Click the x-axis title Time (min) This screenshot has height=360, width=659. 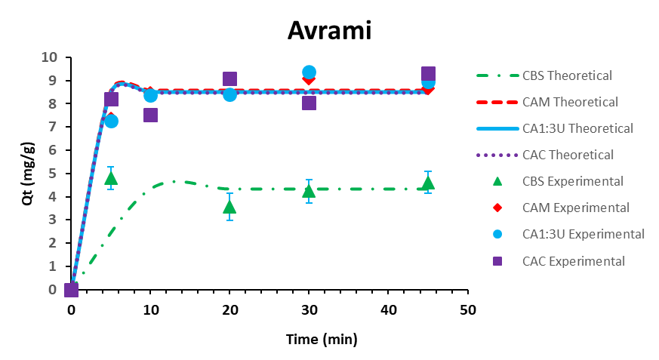pos(321,340)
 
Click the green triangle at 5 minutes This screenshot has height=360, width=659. pos(111,178)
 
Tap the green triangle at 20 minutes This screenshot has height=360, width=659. pos(229,207)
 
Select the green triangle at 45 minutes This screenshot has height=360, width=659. pos(428,183)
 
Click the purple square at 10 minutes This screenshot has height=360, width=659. pos(150,115)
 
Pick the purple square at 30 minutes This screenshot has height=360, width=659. pos(309,103)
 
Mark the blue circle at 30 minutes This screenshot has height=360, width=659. pos(309,72)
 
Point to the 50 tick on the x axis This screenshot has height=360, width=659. pos(468,310)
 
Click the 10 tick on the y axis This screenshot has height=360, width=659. pos(51,57)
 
